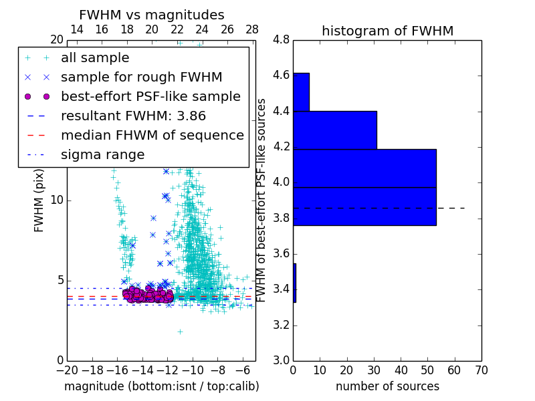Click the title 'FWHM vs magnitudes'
point(151,15)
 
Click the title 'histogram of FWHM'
point(387,31)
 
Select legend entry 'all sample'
point(95,58)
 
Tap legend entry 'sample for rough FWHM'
point(141,78)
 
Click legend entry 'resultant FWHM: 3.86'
point(133,116)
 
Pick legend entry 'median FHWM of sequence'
point(152,136)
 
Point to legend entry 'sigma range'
point(102,155)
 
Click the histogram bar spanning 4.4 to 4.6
point(301,92)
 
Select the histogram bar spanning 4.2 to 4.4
point(334,130)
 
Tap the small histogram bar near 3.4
point(294,283)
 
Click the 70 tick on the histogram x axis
point(481,370)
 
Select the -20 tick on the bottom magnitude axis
point(67,370)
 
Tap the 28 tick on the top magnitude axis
point(252,29)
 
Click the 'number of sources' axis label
point(387,387)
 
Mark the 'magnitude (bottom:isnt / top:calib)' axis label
point(161,387)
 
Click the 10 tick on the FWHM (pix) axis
point(57,200)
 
